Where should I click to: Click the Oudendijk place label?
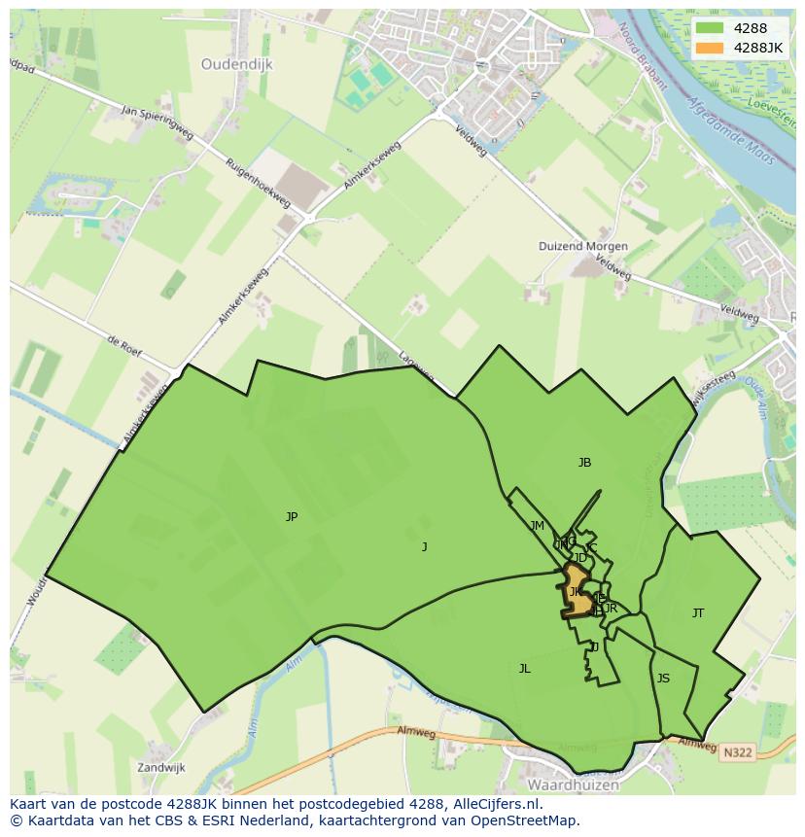pyautogui.click(x=237, y=64)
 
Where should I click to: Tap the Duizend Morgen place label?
pyautogui.click(x=583, y=247)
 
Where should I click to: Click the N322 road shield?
pyautogui.click(x=737, y=750)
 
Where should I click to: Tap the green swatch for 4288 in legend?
pyautogui.click(x=710, y=28)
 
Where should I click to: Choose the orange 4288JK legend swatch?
pyautogui.click(x=710, y=48)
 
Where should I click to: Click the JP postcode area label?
pyautogui.click(x=292, y=517)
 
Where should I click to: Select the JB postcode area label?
pyautogui.click(x=584, y=463)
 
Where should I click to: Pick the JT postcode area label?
pyautogui.click(x=698, y=613)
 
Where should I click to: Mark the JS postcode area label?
pyautogui.click(x=663, y=679)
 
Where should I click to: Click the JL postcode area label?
pyautogui.click(x=524, y=669)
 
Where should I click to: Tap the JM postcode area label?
pyautogui.click(x=538, y=526)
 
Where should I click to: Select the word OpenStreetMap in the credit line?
pyautogui.click(x=526, y=820)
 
